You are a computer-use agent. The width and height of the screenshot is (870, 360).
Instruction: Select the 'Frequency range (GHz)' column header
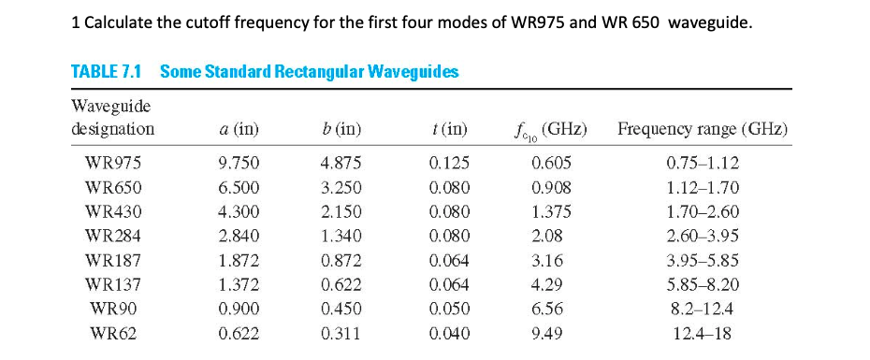[x=702, y=129]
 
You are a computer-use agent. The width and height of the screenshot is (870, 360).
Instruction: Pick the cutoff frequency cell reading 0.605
[x=550, y=162]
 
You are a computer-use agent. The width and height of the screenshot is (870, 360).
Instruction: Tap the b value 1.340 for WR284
[x=340, y=235]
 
